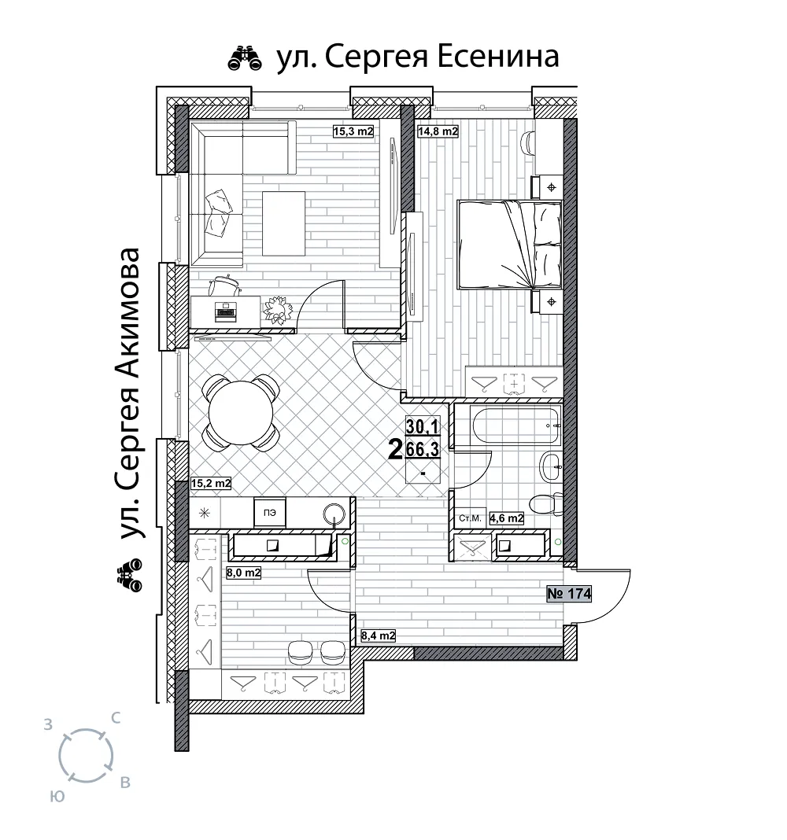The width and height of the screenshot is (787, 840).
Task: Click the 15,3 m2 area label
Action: [353, 131]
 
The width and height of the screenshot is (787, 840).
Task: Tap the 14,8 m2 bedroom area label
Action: [438, 131]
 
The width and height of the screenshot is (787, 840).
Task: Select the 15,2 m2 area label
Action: [211, 484]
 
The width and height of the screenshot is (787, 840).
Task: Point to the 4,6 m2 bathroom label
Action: [506, 518]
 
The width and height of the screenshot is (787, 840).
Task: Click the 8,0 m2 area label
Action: [243, 573]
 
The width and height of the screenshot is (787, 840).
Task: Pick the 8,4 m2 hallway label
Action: [378, 636]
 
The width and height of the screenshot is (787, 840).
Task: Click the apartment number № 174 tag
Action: [569, 594]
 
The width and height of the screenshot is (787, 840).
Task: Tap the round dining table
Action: [241, 412]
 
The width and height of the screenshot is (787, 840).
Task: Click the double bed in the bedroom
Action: [508, 245]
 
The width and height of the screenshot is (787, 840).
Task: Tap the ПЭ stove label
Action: [270, 513]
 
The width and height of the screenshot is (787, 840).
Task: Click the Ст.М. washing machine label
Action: [470, 518]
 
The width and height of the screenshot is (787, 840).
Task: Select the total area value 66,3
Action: [423, 449]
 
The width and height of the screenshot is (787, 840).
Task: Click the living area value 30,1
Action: [423, 427]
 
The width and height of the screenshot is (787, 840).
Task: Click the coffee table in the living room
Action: [283, 223]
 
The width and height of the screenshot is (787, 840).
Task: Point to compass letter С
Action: [115, 718]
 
